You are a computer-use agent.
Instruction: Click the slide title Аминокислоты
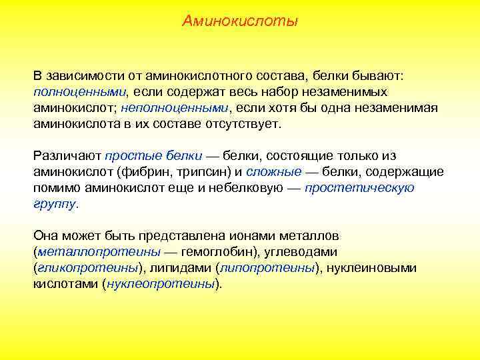[x=240, y=22]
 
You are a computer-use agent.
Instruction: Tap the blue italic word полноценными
[x=80, y=91]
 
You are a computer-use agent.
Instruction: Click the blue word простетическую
[x=359, y=187]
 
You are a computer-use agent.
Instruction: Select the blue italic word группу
[x=55, y=203]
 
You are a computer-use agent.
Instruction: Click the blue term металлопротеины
[x=99, y=252]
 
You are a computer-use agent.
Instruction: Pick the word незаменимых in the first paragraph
[x=347, y=91]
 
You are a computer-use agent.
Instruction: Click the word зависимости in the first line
[x=83, y=75]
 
